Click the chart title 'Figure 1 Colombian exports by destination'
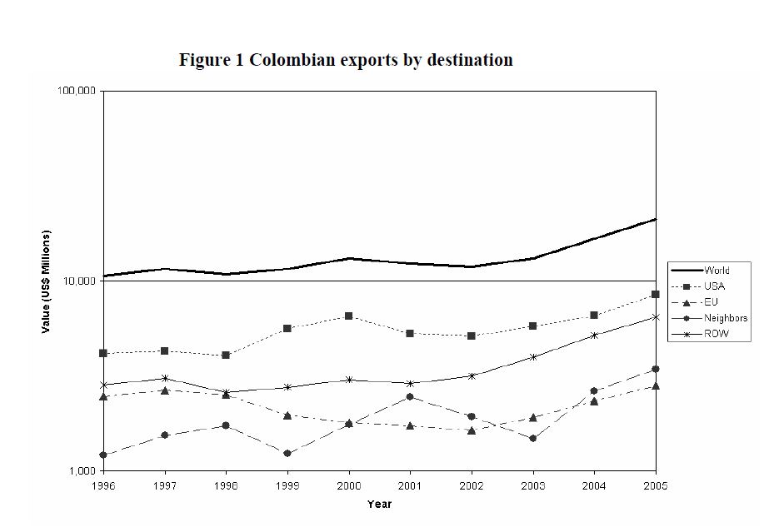[x=346, y=60]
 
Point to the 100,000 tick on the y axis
[x=77, y=90]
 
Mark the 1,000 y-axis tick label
[x=82, y=471]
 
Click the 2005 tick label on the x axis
[x=656, y=485]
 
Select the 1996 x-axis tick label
[x=103, y=485]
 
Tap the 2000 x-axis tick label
[x=348, y=485]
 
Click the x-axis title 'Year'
[x=379, y=504]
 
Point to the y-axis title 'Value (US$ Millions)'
[x=47, y=281]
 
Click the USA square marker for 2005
[x=656, y=294]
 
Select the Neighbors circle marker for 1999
[x=287, y=453]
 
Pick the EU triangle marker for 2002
[x=472, y=430]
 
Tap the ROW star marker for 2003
[x=533, y=356]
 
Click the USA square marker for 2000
[x=348, y=316]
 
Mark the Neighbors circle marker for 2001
[x=410, y=396]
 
